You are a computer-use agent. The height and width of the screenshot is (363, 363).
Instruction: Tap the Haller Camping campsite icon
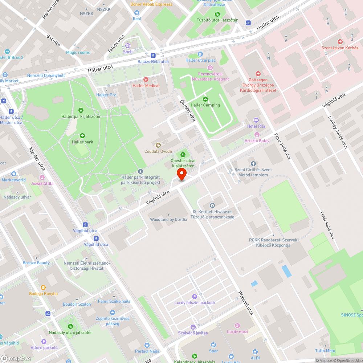pos(205,99)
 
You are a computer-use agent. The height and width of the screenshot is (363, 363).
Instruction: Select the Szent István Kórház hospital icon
pos(340,42)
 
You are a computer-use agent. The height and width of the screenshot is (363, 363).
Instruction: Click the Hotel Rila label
pos(256,126)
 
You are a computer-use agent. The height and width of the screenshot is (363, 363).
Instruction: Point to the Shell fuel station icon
pos(128,46)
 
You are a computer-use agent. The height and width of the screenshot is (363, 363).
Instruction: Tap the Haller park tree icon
pos(82,136)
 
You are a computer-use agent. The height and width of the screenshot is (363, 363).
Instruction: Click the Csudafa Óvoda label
pos(158,151)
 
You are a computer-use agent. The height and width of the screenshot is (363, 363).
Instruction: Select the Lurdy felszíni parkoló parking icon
pos(195,297)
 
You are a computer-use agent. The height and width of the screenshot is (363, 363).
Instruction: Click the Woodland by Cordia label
pos(168,219)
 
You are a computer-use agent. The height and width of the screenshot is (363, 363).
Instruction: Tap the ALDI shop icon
pos(255,351)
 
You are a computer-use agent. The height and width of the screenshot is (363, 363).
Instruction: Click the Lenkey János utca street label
pos(338,132)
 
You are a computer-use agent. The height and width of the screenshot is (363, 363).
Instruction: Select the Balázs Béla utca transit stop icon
pos(153,56)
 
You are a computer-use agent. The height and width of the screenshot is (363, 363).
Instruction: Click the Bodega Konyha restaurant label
pos(44,294)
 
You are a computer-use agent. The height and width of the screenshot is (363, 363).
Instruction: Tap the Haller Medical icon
pos(146,79)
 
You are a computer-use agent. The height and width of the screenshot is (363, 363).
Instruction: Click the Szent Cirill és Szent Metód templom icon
pos(253,164)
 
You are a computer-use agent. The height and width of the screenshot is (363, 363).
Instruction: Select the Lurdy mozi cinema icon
pos(237,326)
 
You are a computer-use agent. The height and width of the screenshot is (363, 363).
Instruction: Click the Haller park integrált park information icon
pos(140,171)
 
